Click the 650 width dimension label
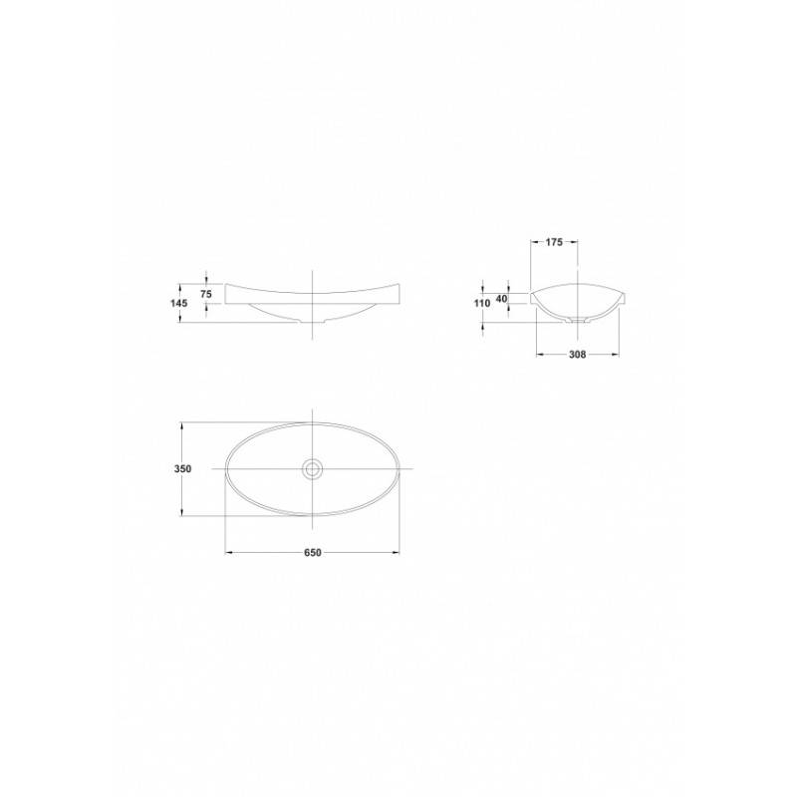(x=313, y=553)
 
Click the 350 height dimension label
(x=183, y=469)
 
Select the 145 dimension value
(x=179, y=304)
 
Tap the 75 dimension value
(x=206, y=294)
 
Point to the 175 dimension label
(x=554, y=242)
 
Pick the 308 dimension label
(x=578, y=355)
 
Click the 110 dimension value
(x=482, y=304)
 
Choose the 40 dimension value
(x=502, y=299)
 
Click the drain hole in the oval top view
(x=312, y=468)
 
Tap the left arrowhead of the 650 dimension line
(x=229, y=553)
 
